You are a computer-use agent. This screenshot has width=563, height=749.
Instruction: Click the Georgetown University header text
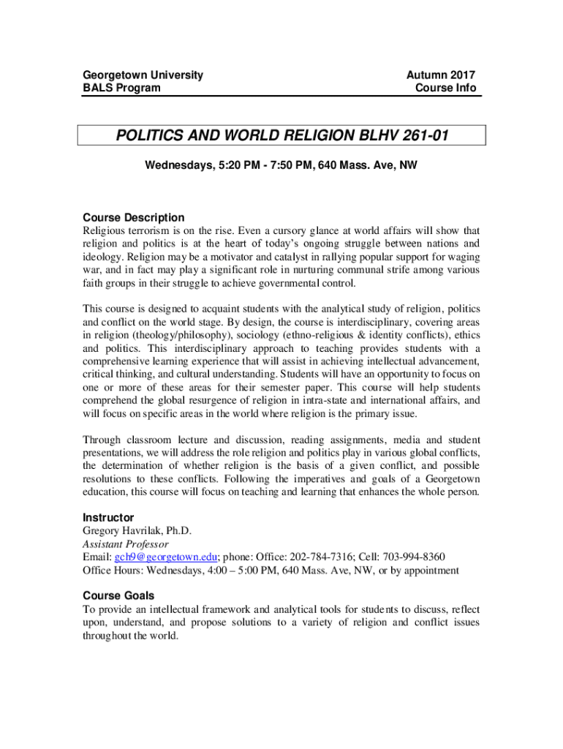click(x=143, y=75)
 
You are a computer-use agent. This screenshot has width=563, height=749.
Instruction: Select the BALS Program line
click(x=121, y=88)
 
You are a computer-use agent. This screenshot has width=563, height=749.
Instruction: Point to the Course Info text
click(x=445, y=88)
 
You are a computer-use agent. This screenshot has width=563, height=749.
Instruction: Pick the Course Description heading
click(x=134, y=217)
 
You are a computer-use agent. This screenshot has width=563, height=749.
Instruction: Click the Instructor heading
click(x=108, y=517)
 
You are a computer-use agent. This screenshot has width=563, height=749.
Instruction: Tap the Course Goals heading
click(x=118, y=595)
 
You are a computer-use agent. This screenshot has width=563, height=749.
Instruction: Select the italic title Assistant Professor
click(x=126, y=543)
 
